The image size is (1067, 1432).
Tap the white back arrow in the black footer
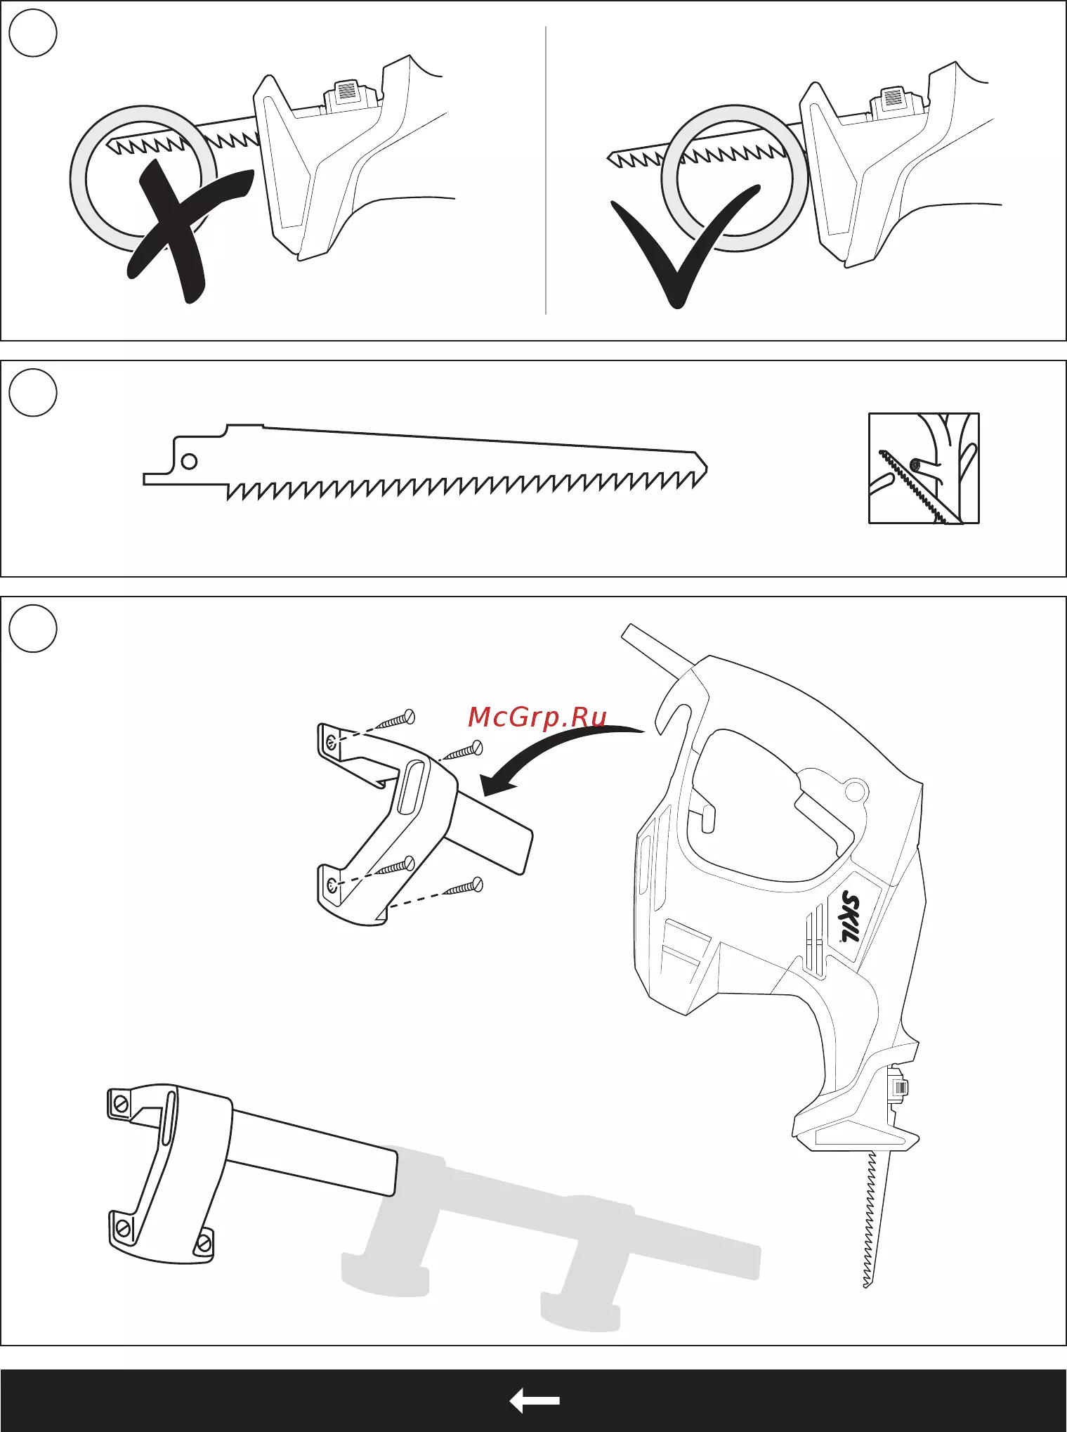[x=535, y=1400]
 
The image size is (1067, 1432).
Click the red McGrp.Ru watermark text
[x=537, y=717]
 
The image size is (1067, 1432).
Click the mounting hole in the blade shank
[x=189, y=462]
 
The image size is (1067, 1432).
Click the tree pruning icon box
[x=924, y=468]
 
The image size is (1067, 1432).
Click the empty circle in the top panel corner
[x=33, y=33]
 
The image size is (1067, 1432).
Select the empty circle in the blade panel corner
[x=33, y=393]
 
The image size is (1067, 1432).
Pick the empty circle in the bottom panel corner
[x=33, y=629]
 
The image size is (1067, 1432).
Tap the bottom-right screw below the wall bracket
[x=464, y=888]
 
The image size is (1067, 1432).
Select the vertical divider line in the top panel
[x=546, y=170]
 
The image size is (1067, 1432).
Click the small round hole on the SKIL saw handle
[x=853, y=790]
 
